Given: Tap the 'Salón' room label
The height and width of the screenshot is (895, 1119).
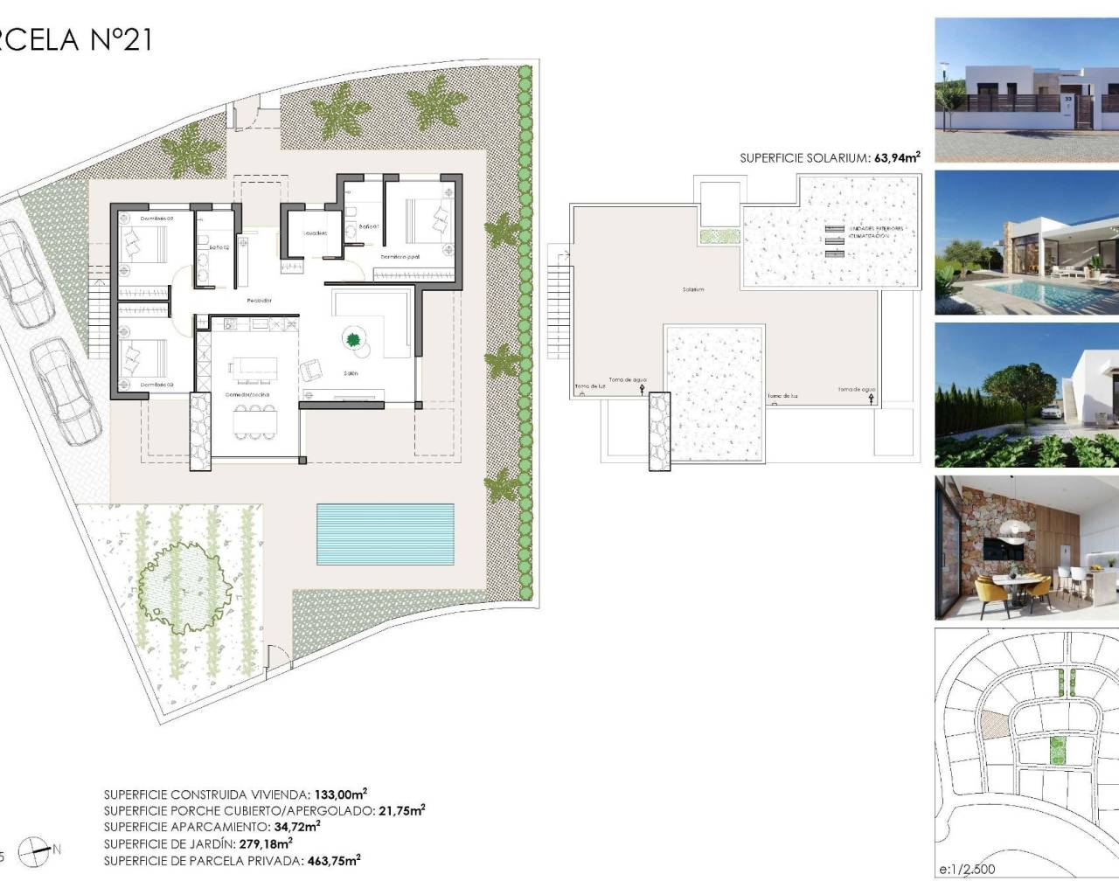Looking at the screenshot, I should click(x=351, y=373).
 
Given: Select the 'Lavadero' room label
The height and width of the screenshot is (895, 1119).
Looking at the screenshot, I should click(x=315, y=233).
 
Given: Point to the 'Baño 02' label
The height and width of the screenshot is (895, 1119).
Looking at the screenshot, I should click(x=219, y=247).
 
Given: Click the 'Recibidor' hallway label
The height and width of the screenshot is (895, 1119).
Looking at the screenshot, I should click(x=259, y=301).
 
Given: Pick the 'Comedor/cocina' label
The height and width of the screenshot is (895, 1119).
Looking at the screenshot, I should click(x=247, y=395).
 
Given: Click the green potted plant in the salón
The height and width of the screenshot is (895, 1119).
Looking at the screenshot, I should click(x=354, y=339).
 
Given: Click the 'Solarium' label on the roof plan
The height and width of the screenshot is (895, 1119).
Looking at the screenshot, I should click(x=694, y=289).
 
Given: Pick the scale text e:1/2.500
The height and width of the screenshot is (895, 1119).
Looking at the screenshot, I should click(x=966, y=869).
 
